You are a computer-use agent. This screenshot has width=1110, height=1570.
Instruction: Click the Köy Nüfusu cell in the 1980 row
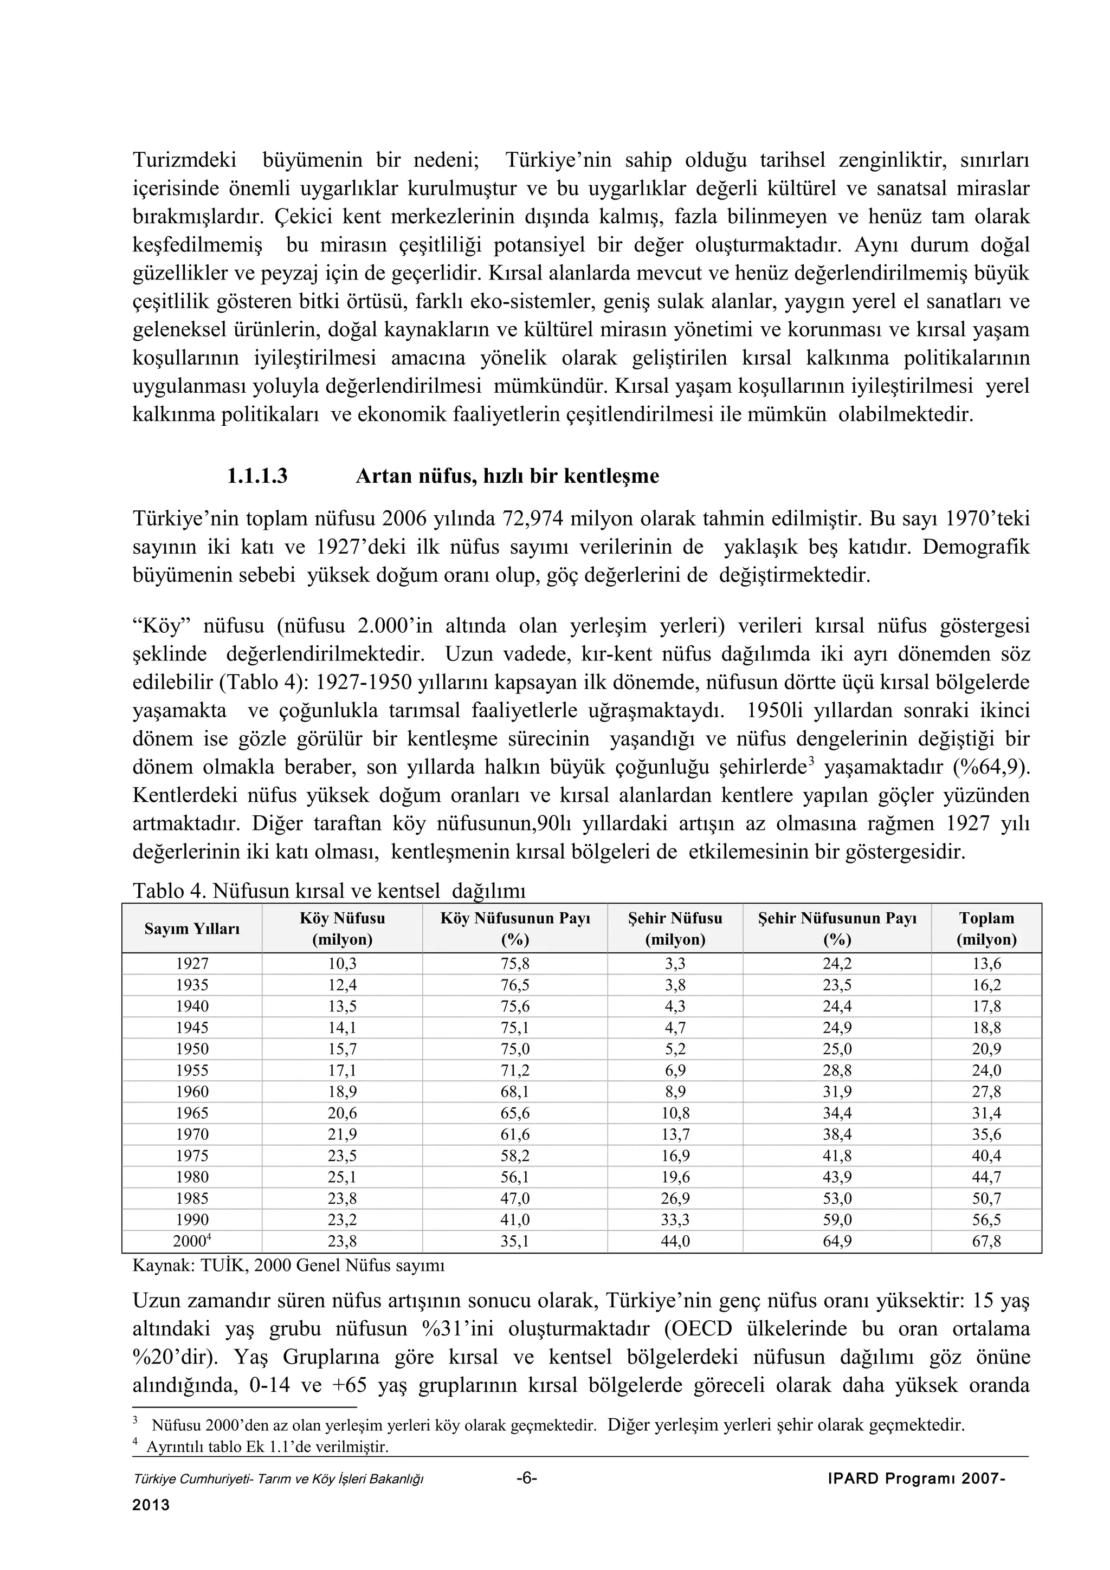(342, 1177)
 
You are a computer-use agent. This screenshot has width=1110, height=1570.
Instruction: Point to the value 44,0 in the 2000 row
(675, 1241)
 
